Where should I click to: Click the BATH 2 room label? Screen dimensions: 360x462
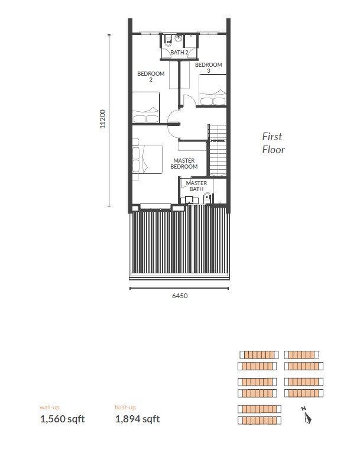pos(179,53)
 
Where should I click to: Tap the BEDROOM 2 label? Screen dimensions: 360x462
pos(151,76)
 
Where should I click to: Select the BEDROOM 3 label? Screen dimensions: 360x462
pos(209,67)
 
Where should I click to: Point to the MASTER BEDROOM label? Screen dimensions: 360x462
pos(184,163)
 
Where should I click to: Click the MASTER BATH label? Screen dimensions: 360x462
pos(196,186)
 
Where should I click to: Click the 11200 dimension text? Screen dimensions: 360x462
pos(102,119)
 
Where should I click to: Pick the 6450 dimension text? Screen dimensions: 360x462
pos(180,296)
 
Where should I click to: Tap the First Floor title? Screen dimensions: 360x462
pos(273,143)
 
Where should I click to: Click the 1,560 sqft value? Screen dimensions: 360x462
pos(63,419)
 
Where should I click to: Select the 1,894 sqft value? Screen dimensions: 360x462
pos(138,419)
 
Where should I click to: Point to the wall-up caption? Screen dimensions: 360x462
pos(50,408)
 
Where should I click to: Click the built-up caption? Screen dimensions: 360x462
pos(125,408)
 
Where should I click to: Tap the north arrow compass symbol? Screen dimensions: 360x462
pos(306,415)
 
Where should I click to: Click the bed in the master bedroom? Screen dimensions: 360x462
pos(147,159)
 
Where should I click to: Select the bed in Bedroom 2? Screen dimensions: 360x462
pos(146,107)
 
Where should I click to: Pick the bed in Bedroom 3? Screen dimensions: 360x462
pos(213,89)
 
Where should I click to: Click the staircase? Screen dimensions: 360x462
pos(218,151)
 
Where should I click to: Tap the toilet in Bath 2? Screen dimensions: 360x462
pos(168,40)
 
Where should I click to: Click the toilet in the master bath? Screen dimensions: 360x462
pos(207,198)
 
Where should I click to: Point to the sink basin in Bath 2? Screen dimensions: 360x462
pos(178,38)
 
